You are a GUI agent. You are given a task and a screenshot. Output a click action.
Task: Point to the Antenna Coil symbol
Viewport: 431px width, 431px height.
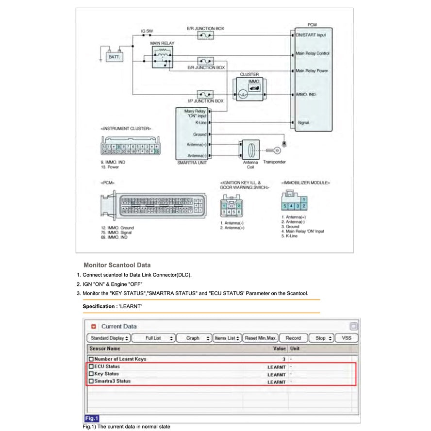pos(250,149)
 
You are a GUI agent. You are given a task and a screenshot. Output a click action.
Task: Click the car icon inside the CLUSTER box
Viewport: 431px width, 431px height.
pos(254,88)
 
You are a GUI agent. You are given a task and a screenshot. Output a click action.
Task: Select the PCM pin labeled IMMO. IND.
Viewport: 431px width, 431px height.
pos(306,95)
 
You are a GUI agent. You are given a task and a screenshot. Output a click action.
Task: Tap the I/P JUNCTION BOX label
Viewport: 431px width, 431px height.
pos(205,101)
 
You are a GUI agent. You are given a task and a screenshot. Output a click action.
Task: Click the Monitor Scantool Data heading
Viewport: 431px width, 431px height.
pos(117,265)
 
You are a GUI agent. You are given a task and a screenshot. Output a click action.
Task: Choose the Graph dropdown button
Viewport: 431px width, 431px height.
pos(193,338)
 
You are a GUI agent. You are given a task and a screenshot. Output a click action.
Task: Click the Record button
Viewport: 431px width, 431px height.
pos(293,338)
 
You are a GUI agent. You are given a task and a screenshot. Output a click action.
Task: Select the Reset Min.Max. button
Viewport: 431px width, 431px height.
pos(260,338)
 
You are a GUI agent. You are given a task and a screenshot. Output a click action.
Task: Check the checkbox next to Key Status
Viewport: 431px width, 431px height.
pos(91,374)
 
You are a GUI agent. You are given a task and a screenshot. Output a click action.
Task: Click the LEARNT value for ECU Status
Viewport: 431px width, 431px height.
pos(276,367)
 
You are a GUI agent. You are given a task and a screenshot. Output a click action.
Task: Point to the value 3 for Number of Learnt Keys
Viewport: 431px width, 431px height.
pos(283,359)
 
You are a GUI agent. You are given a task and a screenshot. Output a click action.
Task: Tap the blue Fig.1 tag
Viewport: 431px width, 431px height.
pos(91,418)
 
